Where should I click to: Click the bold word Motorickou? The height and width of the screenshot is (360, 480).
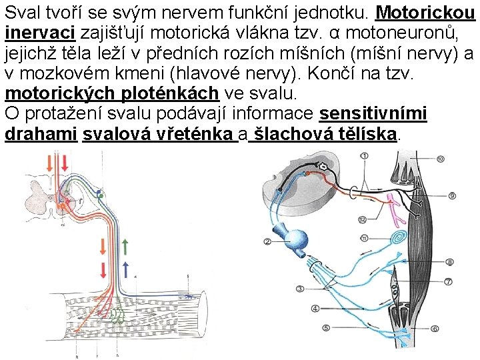click(426, 13)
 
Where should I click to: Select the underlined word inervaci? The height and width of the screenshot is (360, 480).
click(39, 33)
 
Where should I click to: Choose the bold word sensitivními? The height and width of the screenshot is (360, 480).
click(373, 114)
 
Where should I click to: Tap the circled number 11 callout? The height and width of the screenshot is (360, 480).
click(363, 237)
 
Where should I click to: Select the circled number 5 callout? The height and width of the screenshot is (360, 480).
click(326, 328)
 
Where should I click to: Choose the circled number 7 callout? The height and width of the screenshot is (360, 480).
click(449, 283)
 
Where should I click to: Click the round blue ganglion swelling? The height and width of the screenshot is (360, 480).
click(295, 238)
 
